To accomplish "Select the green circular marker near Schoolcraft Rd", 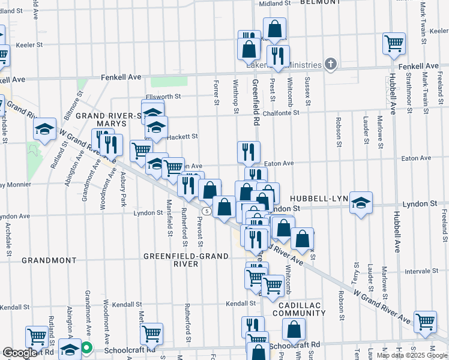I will click(86, 347).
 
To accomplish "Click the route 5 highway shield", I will click(206, 211).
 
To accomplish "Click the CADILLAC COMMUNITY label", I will click(298, 309).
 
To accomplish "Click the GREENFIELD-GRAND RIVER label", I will click(185, 260).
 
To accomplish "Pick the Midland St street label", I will click(274, 3).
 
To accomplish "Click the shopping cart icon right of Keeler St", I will click(394, 42).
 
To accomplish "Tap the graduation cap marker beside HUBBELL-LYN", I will click(361, 202).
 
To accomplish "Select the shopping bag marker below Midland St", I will click(274, 28).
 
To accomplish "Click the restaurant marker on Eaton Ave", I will click(248, 152).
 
